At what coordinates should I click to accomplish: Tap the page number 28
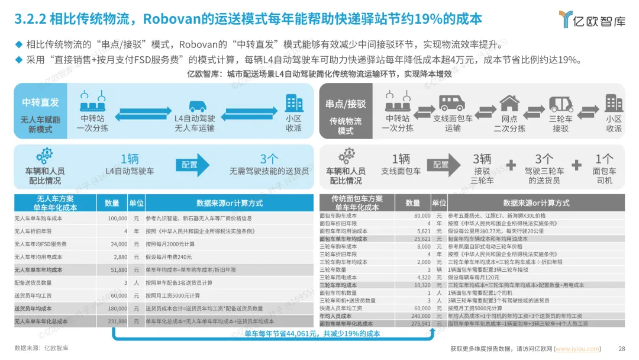coord(621,349)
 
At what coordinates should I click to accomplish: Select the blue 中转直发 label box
coord(41,102)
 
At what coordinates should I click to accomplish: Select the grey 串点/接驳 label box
coord(346,104)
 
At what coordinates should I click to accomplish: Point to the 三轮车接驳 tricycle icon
coord(560,103)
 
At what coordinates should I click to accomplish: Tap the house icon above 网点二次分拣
coord(509,103)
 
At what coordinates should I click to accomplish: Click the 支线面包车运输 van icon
coord(453,103)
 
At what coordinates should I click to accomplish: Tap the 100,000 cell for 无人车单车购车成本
coord(115,218)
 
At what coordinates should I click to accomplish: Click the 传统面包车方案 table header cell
coord(357,202)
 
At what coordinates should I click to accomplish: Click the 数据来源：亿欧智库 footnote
coord(41,348)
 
